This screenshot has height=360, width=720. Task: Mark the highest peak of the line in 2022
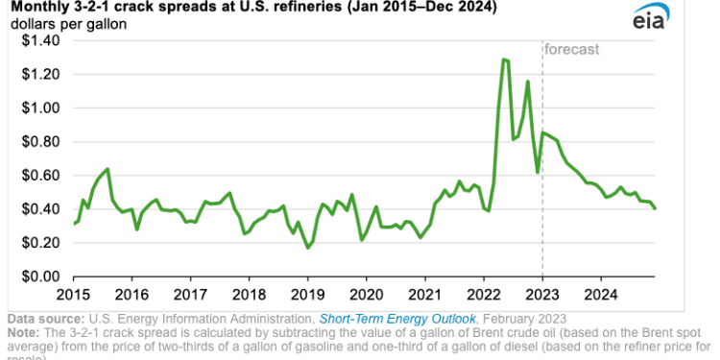click(504, 60)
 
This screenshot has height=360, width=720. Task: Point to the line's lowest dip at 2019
click(307, 248)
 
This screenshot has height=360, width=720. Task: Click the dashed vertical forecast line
click(542, 192)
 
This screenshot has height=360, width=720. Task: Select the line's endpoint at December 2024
click(656, 208)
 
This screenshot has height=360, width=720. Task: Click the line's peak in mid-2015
click(108, 169)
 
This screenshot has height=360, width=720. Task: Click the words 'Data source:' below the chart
click(44, 318)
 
